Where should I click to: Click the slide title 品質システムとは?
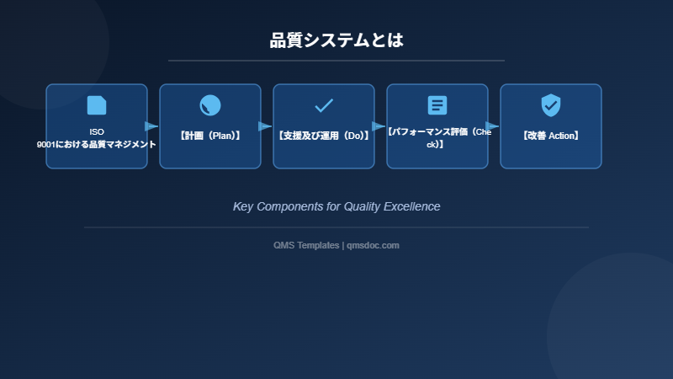[x=336, y=40]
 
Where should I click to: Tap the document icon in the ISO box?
[x=97, y=105]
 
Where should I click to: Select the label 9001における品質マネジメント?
[x=97, y=144]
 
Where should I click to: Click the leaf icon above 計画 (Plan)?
[x=210, y=105]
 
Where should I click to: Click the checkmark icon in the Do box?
[x=324, y=105]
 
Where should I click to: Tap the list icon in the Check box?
[x=437, y=105]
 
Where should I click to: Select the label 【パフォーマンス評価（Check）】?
[x=437, y=138]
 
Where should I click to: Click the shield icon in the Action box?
[x=551, y=105]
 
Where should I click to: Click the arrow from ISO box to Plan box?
[x=151, y=126]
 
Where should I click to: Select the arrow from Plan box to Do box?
[x=265, y=126]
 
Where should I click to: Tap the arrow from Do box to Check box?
[x=379, y=126]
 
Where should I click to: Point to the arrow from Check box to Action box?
[x=492, y=126]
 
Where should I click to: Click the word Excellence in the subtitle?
[x=412, y=206]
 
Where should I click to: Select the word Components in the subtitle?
[x=292, y=206]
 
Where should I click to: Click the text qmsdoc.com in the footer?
[x=373, y=245]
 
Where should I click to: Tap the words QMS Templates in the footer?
[x=306, y=245]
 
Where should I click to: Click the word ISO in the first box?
[x=97, y=132]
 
